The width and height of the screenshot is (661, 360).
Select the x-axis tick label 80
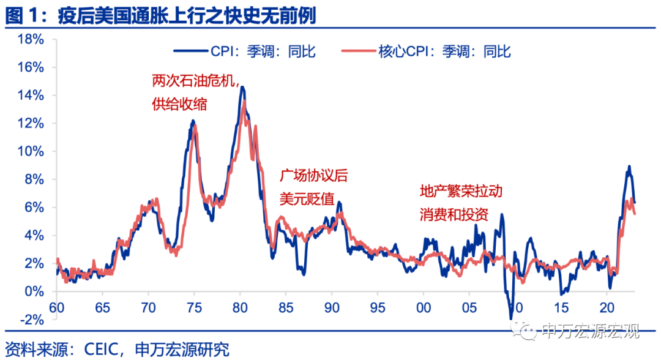[240, 306]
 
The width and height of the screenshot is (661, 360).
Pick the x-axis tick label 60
[56, 306]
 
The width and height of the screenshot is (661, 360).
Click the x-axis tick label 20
[607, 306]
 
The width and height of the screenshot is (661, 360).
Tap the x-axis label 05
[469, 306]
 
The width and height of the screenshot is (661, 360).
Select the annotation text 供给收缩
[179, 104]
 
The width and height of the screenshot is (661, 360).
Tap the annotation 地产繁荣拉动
[461, 191]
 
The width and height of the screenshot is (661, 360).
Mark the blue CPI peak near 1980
[242, 88]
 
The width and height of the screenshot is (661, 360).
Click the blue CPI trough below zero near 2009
[511, 318]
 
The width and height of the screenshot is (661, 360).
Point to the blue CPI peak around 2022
[629, 167]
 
